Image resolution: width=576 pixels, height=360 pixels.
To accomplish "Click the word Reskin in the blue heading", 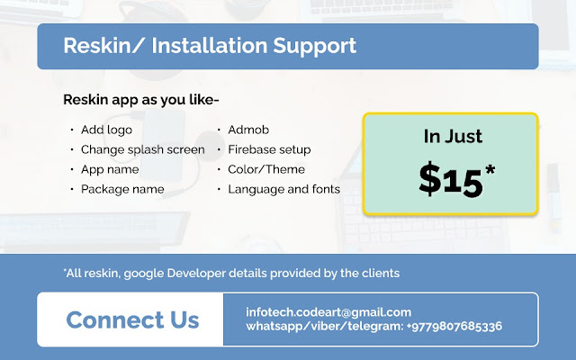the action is pos(97,46).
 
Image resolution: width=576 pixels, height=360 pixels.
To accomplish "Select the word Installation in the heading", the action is pos(210,46).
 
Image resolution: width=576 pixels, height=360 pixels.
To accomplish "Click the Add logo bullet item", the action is pos(106,130).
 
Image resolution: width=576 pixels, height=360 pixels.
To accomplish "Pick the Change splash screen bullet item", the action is pos(142,150).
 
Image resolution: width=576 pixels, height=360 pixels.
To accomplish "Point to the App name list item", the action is pos(110,170).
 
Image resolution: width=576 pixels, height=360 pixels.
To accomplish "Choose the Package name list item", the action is pos(122,190).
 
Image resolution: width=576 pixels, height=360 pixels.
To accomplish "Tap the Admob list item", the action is pos(248,130).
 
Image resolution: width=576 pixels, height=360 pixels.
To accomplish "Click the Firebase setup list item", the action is pos(269,150).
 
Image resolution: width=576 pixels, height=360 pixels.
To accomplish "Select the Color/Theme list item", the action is pos(266,169).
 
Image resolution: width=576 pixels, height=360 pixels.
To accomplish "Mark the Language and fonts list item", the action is pos(284,190).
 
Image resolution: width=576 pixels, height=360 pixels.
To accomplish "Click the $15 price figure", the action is pos(451,180).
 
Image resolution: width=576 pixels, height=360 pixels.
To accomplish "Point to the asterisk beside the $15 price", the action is pos(490,170).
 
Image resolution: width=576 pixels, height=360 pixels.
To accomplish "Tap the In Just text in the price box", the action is pos(453,136).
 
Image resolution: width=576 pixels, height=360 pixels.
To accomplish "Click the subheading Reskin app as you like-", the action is pos(141,100).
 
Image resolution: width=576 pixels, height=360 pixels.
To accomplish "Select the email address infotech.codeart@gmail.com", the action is pos(328,312).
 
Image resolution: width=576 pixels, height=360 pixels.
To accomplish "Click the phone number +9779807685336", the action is pos(454,326).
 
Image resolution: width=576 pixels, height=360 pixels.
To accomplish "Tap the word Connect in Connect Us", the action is pos(114,319).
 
